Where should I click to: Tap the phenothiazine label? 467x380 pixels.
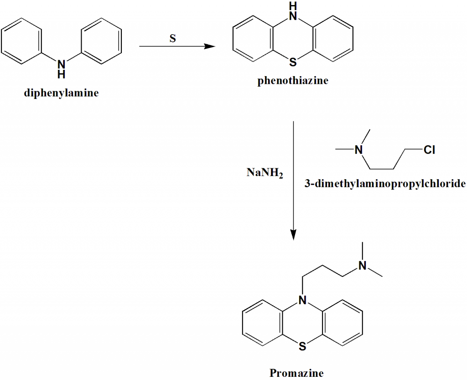coord(292,81)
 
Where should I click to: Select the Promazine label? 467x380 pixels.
coord(296,373)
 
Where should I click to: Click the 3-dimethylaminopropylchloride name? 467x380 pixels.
coord(384,184)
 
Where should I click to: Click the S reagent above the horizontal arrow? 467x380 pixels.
coord(172,38)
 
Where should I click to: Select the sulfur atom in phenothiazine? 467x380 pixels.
coord(292,61)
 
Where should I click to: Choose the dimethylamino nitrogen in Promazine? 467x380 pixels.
coord(362,265)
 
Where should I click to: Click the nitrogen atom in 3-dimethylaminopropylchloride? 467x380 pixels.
coord(359,149)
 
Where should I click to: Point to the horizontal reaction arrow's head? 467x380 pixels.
coord(211,46)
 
